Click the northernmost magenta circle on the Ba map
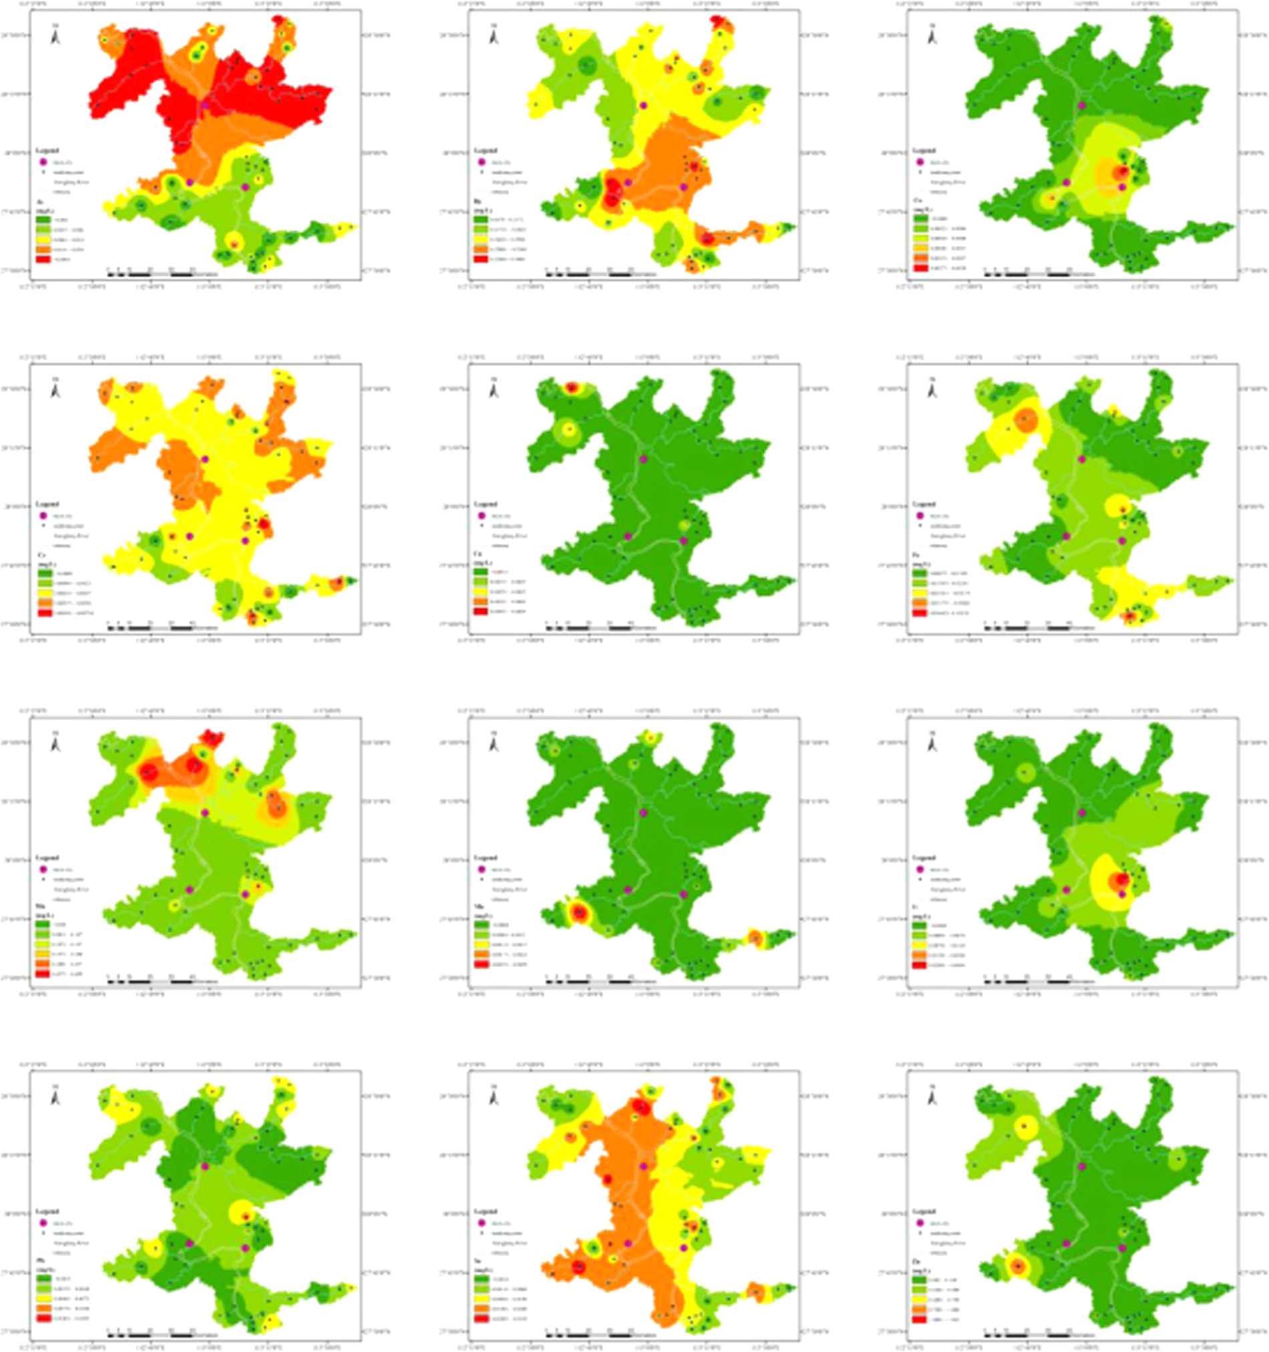click(643, 106)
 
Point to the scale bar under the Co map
click(1027, 274)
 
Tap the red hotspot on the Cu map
click(572, 387)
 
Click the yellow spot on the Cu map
click(567, 430)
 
